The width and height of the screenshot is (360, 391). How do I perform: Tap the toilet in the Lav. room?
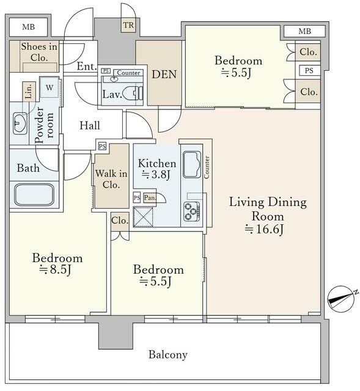point(133,93)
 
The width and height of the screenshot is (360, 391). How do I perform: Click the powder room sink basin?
point(20,123)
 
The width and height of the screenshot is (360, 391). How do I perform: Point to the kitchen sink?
point(192,164)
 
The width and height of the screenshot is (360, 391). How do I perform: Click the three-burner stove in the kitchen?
point(192,211)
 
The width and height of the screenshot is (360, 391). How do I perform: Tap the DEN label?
point(164,75)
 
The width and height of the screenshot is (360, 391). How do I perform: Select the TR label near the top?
point(129,25)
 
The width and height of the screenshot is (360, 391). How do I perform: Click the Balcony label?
point(168,354)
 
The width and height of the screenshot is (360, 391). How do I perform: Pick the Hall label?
point(90,125)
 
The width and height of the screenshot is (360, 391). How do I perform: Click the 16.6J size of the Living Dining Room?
point(264,229)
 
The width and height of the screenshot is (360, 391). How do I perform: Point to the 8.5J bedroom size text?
point(56,269)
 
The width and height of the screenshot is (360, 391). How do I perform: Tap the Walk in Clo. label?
point(111,179)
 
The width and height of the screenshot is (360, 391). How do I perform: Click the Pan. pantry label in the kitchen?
point(150,198)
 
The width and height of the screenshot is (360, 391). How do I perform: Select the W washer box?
point(50,88)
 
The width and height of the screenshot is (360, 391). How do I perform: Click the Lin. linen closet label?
point(29,91)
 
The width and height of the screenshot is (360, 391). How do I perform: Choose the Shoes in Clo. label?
point(39,52)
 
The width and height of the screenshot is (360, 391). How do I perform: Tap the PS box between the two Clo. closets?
point(309,71)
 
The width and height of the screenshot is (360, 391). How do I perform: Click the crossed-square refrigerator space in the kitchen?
point(143,217)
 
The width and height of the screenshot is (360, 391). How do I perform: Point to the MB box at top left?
point(29,27)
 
